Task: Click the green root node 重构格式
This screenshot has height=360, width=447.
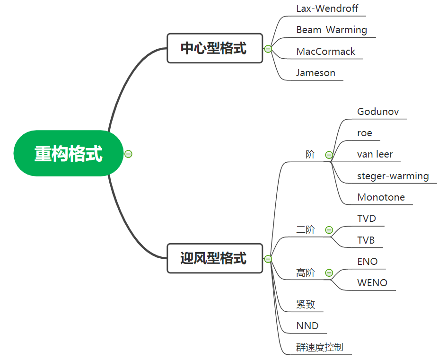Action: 69,153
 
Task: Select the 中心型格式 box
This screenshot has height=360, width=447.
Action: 214,48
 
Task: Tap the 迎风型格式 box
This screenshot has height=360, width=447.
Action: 214,258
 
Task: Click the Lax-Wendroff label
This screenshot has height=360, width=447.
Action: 327,8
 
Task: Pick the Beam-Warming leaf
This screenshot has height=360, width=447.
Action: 332,30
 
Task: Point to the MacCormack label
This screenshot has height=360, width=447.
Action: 325,52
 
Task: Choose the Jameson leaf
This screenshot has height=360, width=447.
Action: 316,73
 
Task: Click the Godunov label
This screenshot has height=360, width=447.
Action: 378,112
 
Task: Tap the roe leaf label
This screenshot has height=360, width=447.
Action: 365,133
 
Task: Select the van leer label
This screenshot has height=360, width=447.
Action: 375,154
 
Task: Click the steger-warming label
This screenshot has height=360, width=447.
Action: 393,176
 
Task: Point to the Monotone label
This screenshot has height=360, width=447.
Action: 381,197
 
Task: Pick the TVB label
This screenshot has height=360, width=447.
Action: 366,240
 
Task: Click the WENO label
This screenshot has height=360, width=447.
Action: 372,283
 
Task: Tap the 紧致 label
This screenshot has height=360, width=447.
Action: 306,304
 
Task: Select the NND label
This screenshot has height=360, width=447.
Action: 307,326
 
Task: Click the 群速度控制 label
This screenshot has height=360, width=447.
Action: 320,347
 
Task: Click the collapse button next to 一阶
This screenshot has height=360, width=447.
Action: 329,155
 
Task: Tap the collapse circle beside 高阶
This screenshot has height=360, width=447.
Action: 329,272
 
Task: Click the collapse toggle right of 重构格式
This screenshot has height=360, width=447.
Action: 128,154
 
